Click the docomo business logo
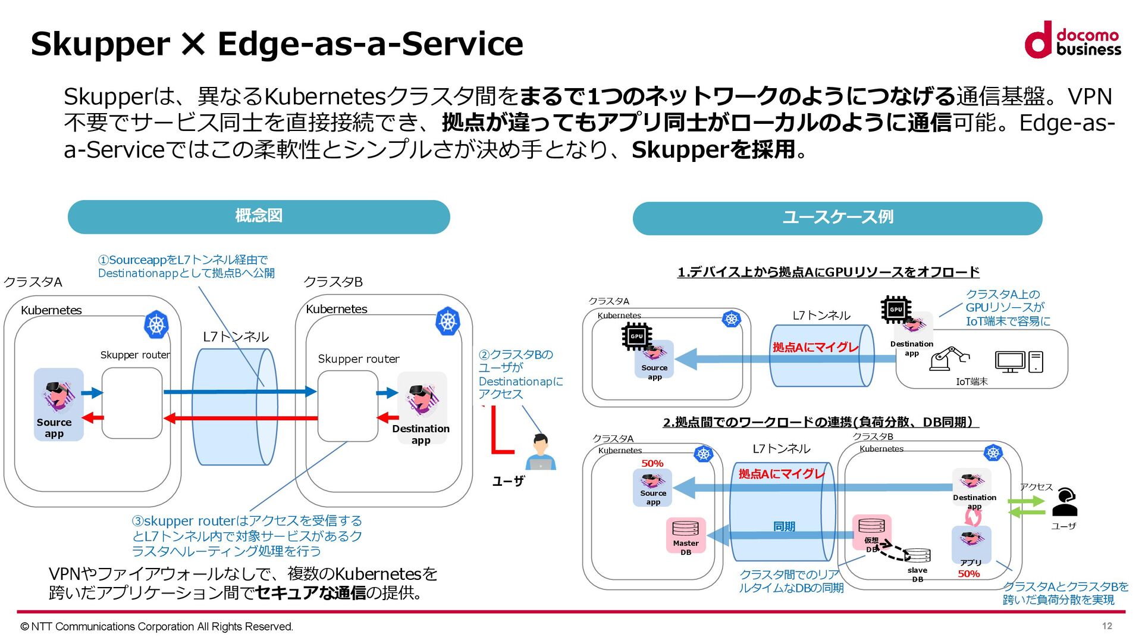coord(1072,40)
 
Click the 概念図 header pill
coord(259,216)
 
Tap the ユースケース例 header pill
coord(837,218)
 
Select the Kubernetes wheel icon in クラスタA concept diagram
coord(156,324)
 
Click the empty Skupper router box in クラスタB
coord(347,405)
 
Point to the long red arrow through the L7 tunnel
coord(240,418)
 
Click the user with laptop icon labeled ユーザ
coord(540,453)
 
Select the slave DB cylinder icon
coord(917,556)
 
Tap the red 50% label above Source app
coord(652,463)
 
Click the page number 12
coord(1106,626)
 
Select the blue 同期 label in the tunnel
coord(784,526)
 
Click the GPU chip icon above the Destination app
coord(896,310)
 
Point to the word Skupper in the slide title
coord(100,44)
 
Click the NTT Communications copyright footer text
coord(156,626)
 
